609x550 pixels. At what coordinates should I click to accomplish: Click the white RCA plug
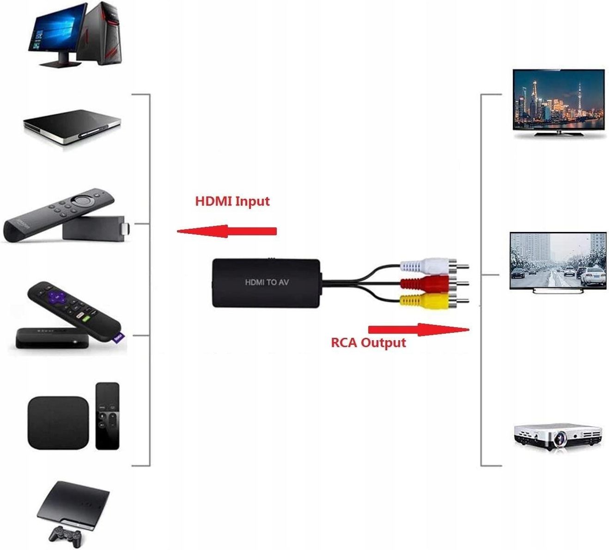pyautogui.click(x=434, y=266)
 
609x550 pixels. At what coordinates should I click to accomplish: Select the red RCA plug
pyautogui.click(x=434, y=284)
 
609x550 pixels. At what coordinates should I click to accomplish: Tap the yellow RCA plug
pyautogui.click(x=434, y=301)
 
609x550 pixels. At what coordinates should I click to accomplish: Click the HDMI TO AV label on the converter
pyautogui.click(x=267, y=282)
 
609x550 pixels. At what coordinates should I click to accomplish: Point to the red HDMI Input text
pyautogui.click(x=232, y=201)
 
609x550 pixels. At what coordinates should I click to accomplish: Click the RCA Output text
pyautogui.click(x=368, y=342)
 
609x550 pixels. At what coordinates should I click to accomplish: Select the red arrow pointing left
pyautogui.click(x=226, y=231)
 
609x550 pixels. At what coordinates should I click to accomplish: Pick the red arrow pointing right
pyautogui.click(x=419, y=330)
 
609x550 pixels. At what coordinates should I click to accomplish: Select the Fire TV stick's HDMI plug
pyautogui.click(x=127, y=228)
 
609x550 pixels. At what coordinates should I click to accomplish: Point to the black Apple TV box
pyautogui.click(x=58, y=422)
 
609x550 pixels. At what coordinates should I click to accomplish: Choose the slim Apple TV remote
pyautogui.click(x=108, y=416)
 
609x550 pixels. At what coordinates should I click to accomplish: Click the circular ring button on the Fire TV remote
pyautogui.click(x=83, y=200)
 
